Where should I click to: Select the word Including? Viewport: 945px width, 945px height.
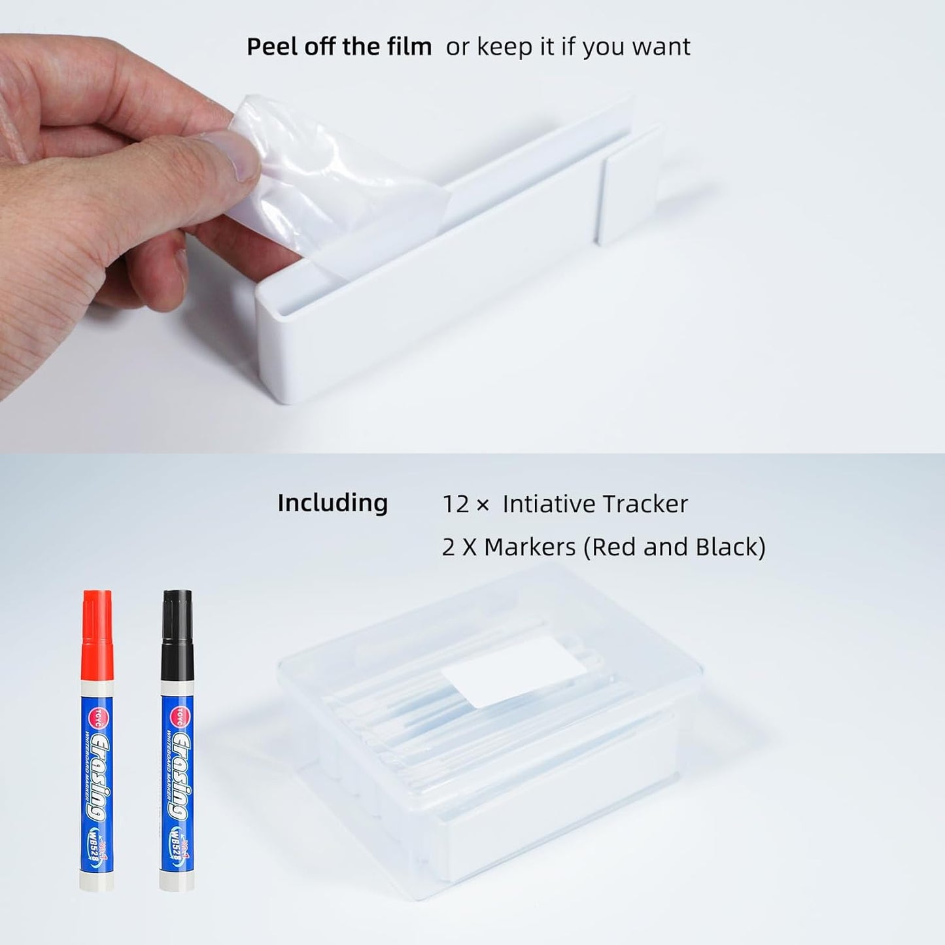(332, 503)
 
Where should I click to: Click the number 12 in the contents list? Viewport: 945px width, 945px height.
(456, 504)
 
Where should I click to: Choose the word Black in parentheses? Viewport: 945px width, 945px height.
(726, 547)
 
